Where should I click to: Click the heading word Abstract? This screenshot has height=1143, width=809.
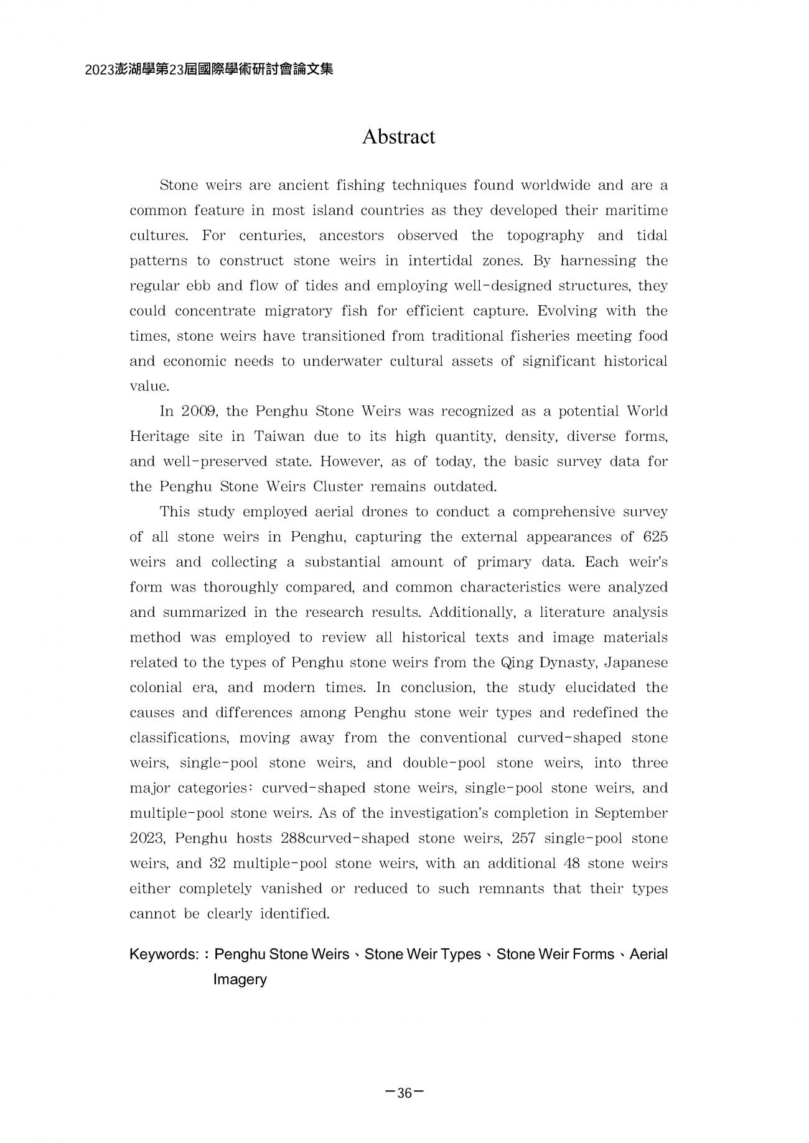[398, 137]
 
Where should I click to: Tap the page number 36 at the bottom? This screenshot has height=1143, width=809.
[404, 1093]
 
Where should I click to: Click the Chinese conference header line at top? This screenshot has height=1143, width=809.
[209, 70]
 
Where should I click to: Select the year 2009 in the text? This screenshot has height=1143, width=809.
[198, 412]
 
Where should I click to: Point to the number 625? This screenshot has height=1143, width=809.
[655, 537]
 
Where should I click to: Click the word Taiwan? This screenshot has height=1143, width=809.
[279, 437]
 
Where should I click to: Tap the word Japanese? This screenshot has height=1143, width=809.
[640, 662]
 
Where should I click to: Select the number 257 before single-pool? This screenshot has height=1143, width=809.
[524, 838]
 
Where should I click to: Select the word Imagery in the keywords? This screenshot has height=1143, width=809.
[240, 979]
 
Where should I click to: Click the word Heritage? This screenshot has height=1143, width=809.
[159, 437]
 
